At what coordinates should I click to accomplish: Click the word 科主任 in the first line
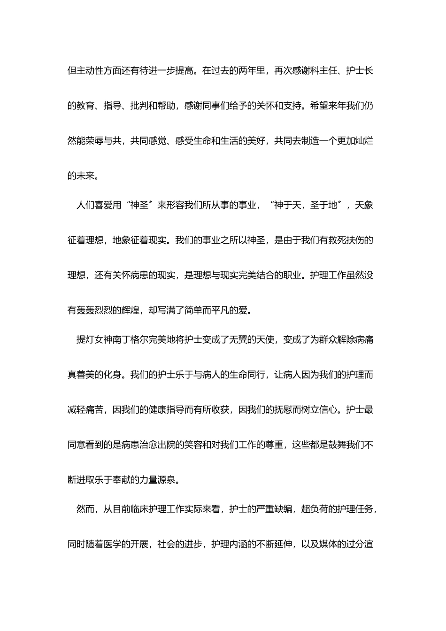tap(324, 71)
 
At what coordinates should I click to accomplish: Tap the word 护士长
tap(360, 71)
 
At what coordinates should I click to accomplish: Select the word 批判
tap(139, 106)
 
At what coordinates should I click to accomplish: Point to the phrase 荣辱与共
tap(104, 141)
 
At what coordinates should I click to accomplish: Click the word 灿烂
tap(364, 141)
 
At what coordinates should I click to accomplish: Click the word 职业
tap(292, 276)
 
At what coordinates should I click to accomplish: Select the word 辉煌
tap(131, 310)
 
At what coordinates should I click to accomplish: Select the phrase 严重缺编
tap(274, 509)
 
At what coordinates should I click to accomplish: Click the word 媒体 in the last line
tap(328, 544)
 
